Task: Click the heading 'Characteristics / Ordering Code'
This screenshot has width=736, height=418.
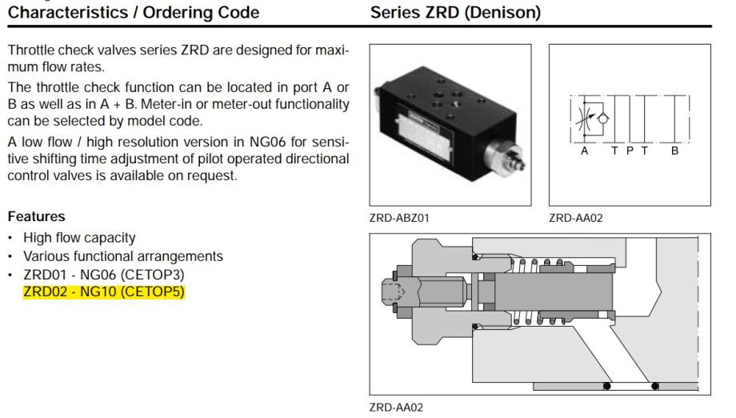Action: pos(134,13)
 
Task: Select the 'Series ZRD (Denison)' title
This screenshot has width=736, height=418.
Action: pos(455,13)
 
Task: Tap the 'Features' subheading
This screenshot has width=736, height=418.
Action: pos(36,216)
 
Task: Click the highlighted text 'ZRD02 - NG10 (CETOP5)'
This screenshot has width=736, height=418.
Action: pos(103,291)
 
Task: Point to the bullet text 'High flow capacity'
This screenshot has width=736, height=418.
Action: pos(79,238)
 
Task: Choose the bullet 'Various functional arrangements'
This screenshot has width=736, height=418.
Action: pos(123,256)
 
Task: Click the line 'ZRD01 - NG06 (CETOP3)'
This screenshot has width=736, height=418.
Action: pos(104,274)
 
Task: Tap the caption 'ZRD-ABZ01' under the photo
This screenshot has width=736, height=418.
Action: pos(394,217)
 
